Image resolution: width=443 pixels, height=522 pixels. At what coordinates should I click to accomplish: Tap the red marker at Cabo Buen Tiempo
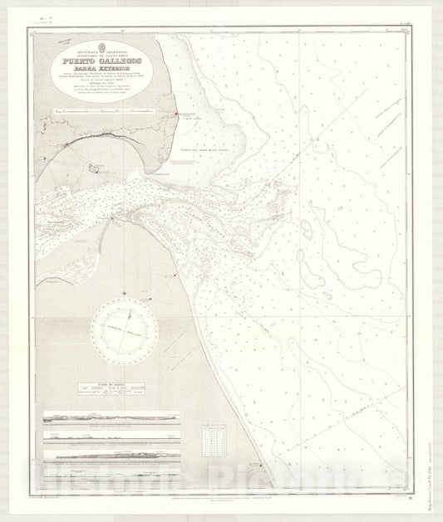(175, 115)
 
